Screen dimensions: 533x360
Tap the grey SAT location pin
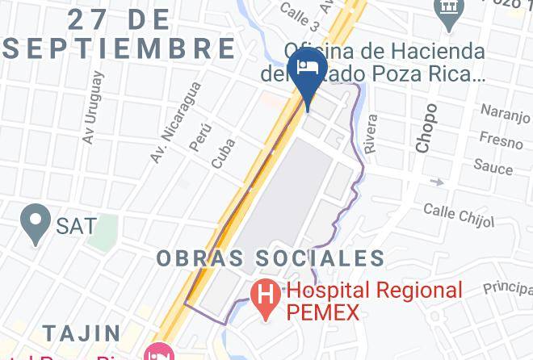coord(36,222)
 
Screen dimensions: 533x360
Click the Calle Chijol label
coord(457,214)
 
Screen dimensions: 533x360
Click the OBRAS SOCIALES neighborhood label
coord(271,259)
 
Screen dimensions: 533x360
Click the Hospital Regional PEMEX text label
coord(375,299)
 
